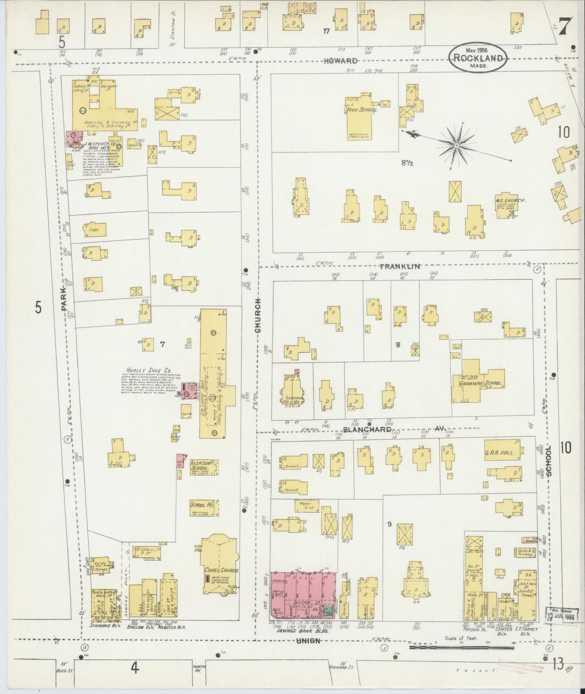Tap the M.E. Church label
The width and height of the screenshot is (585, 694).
coord(510,200)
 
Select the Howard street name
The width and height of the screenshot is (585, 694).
coord(340,61)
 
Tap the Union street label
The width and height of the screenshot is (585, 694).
coord(309,641)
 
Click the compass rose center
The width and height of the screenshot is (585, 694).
coord(457,145)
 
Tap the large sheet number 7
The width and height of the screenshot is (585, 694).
coord(566,27)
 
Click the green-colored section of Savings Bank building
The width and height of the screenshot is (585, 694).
coord(330,612)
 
